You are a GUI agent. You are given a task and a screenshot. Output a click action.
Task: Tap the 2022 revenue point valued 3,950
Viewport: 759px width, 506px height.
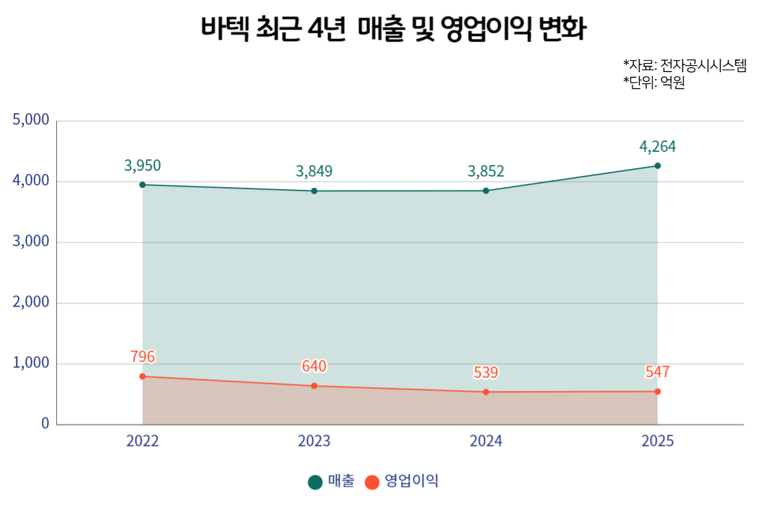point(142,185)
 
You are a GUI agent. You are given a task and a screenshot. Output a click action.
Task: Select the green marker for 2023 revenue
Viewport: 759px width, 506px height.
point(314,191)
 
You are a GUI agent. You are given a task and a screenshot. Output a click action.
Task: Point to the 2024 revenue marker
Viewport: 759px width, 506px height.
point(486,190)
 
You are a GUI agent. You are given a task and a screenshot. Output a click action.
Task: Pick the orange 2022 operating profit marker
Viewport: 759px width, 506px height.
point(142,376)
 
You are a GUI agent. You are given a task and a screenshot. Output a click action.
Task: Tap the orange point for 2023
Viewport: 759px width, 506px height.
point(314,386)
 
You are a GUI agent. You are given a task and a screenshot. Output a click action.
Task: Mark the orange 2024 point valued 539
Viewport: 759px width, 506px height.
point(486,392)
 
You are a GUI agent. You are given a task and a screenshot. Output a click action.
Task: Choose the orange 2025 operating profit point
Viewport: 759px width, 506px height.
point(657,392)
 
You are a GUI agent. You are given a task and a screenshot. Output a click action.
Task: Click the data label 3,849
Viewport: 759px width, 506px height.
point(314,171)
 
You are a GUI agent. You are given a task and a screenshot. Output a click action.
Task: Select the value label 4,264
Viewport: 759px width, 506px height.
point(658,147)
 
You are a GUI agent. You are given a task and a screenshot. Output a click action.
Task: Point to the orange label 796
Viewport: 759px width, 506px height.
point(143,357)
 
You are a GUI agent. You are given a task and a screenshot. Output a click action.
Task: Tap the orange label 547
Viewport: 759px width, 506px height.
point(657,372)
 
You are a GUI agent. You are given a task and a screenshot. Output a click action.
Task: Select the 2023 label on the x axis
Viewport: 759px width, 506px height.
point(314,441)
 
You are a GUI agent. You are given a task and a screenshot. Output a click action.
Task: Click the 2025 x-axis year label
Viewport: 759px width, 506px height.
point(657,441)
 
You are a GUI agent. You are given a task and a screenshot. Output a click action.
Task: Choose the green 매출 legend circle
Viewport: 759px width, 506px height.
point(315,482)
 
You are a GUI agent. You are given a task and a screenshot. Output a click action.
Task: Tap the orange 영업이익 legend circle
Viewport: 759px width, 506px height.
point(373,482)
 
